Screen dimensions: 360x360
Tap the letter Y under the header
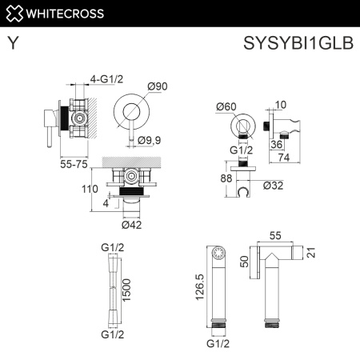click(x=14, y=46)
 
